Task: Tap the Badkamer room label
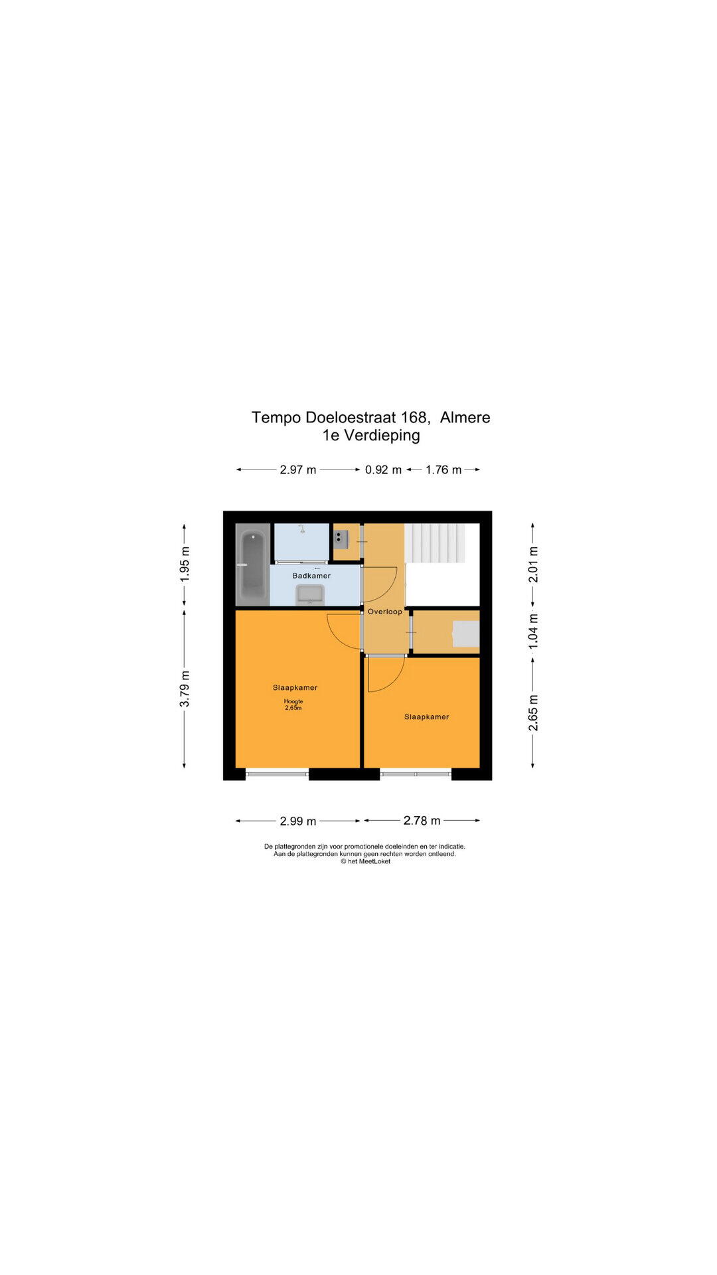pos(311,576)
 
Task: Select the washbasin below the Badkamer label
pos(310,595)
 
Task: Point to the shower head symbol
pos(302,529)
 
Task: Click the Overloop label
pos(385,612)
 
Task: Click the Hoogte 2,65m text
pos(293,705)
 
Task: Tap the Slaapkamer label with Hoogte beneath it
pos(295,687)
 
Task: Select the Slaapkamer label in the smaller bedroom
pos(427,717)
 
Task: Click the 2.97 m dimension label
pos(297,469)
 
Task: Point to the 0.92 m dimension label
pos(383,469)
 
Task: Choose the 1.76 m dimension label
pos(443,469)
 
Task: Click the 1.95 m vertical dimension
pos(185,564)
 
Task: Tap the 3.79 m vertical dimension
pos(185,689)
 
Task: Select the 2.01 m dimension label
pos(533,564)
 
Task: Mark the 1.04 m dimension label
pos(533,631)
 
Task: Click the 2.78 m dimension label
pos(422,821)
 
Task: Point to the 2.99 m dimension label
pos(297,821)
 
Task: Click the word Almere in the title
pos(465,417)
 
